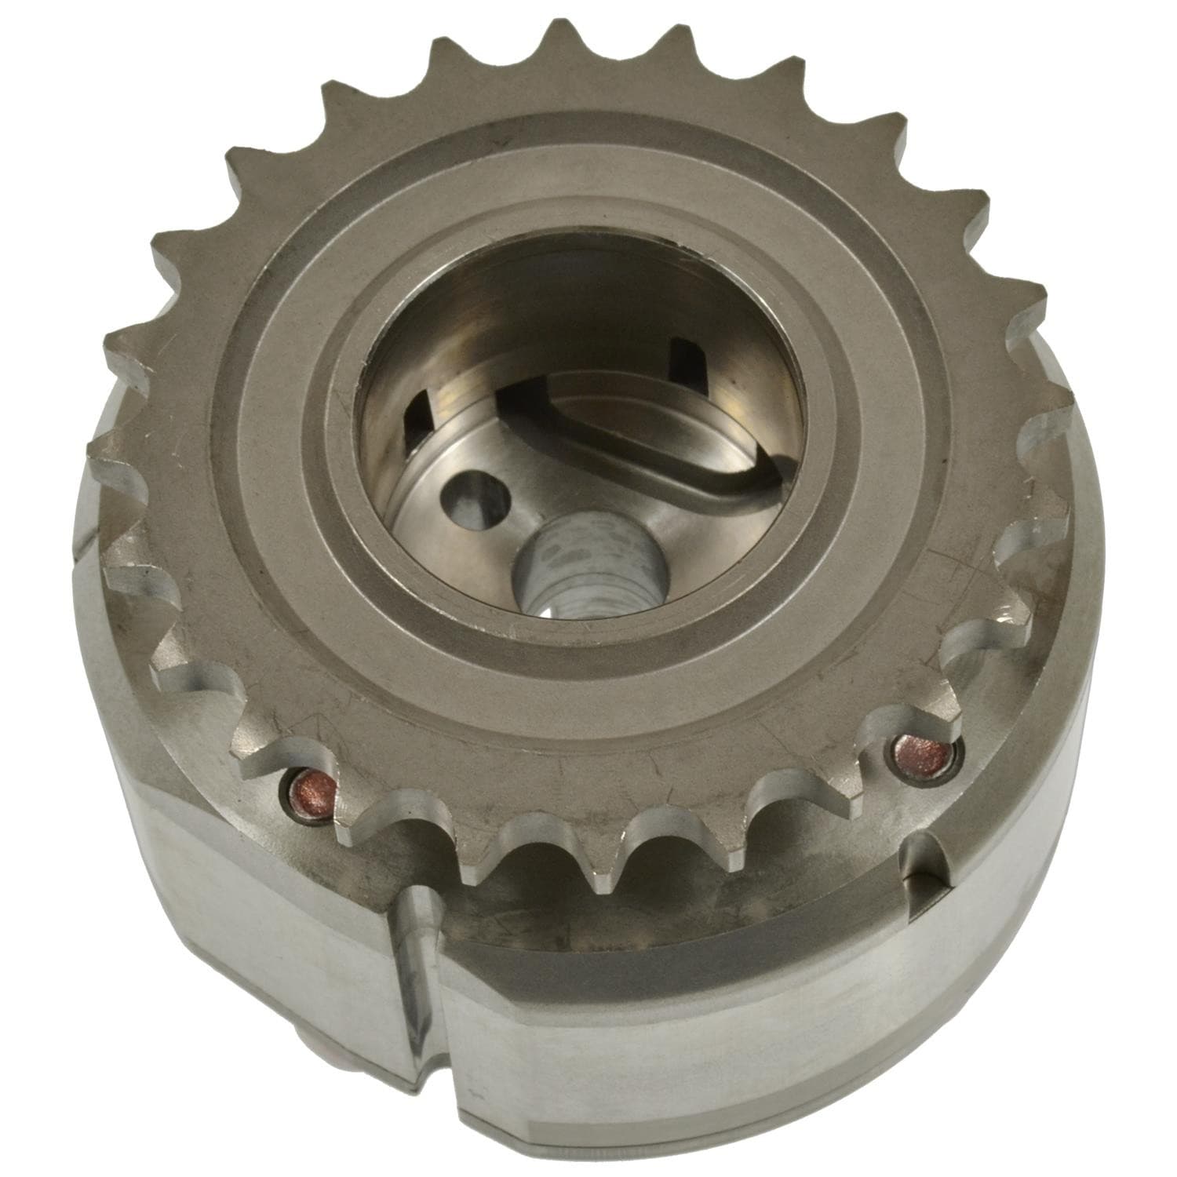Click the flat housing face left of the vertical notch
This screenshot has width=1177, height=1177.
(x=259, y=926)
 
